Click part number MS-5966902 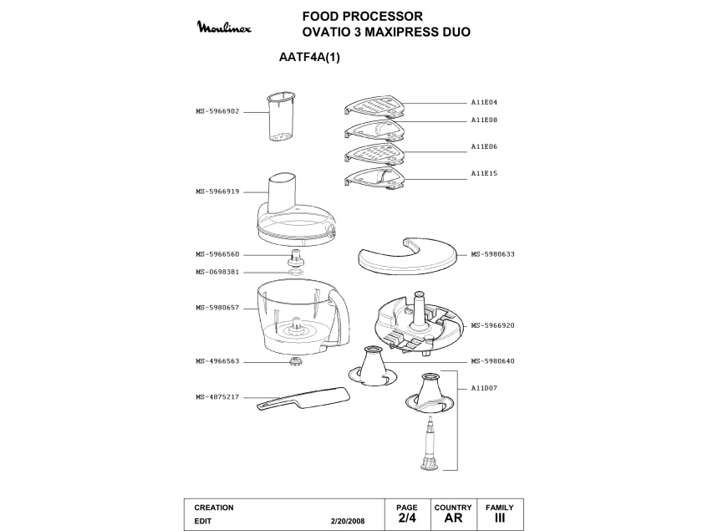pyautogui.click(x=218, y=110)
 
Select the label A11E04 pyautogui.click(x=484, y=102)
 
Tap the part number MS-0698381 pyautogui.click(x=218, y=272)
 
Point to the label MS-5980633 pyautogui.click(x=492, y=254)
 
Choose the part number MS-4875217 pyautogui.click(x=218, y=397)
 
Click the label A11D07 pyautogui.click(x=484, y=388)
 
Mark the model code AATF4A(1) pyautogui.click(x=308, y=59)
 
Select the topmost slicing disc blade pyautogui.click(x=375, y=107)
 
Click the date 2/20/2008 pyautogui.click(x=349, y=520)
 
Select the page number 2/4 pyautogui.click(x=407, y=518)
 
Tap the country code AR pyautogui.click(x=453, y=518)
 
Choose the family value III pyautogui.click(x=499, y=518)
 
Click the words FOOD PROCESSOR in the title pyautogui.click(x=363, y=16)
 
